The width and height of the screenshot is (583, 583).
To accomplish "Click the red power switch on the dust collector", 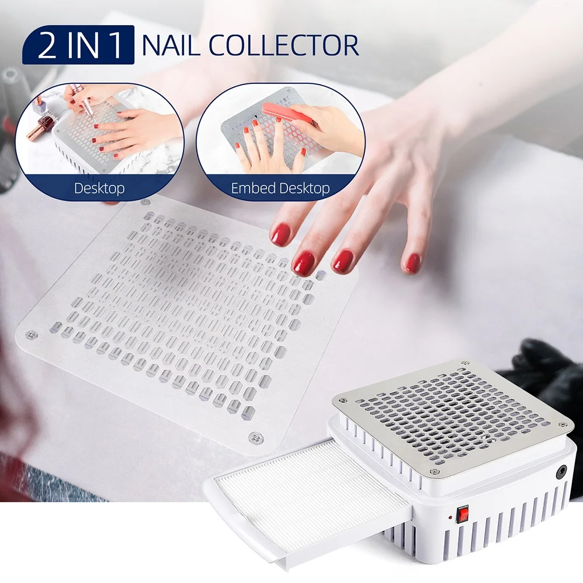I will click(465, 514).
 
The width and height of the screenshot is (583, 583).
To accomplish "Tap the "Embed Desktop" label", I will click(280, 188).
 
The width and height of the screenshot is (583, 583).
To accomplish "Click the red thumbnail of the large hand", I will click(280, 234).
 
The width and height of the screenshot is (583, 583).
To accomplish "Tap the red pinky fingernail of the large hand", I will click(413, 263).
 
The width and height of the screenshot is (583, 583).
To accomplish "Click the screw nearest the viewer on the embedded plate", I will click(255, 437).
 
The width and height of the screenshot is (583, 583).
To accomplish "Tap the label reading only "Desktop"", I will click(99, 188).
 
